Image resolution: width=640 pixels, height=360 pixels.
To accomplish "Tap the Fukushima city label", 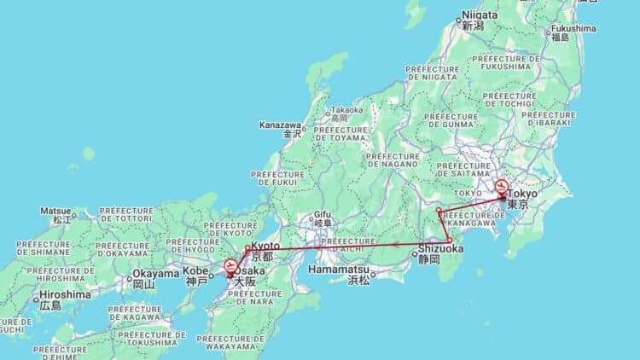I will coord(573,28).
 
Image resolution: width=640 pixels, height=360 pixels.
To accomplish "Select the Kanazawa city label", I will coord(280,125).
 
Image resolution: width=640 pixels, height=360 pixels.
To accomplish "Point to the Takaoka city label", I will coord(347,110).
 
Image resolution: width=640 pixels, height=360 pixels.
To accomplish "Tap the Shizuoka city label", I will coord(440,248).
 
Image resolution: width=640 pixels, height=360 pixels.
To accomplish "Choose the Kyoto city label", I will coord(265,247).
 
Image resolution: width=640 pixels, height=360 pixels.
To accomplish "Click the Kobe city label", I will coord(195,271).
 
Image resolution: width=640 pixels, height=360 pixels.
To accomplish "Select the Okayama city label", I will coord(154,275).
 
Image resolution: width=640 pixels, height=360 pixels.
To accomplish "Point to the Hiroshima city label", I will coord(64,295).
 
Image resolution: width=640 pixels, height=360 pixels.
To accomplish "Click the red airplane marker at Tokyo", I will coord(502,186).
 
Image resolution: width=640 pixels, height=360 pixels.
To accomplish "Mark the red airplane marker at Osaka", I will coord(230,268).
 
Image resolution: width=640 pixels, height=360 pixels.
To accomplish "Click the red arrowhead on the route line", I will coord(396,245).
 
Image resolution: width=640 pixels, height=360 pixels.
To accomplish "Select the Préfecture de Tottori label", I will coord(126,214).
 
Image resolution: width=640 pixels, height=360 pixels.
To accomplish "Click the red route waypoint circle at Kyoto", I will coord(247,248).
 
